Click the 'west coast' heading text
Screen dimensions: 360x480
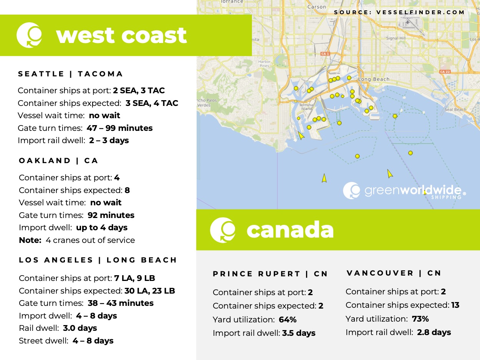point(121,35)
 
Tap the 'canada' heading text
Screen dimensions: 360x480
point(290,230)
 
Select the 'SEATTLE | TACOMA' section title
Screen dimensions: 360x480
point(71,74)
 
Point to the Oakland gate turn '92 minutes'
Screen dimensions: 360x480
point(111,215)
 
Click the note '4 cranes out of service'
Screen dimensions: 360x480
point(90,240)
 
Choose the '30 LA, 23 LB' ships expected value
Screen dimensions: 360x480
point(150,291)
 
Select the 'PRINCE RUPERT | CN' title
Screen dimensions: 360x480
point(270,274)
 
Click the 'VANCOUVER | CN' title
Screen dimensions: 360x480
point(394,273)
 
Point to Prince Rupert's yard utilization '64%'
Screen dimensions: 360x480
point(288,320)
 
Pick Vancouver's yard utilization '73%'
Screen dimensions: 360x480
point(420,319)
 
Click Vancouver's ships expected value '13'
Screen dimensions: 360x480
point(455,306)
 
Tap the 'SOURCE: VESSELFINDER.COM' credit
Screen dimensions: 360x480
point(399,12)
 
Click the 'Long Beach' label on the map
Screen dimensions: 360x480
point(374,79)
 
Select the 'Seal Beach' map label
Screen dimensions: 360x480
point(455,110)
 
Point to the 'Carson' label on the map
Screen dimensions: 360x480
point(316,7)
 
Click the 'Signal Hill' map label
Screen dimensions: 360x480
point(396,38)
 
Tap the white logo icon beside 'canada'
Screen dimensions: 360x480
point(222,230)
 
